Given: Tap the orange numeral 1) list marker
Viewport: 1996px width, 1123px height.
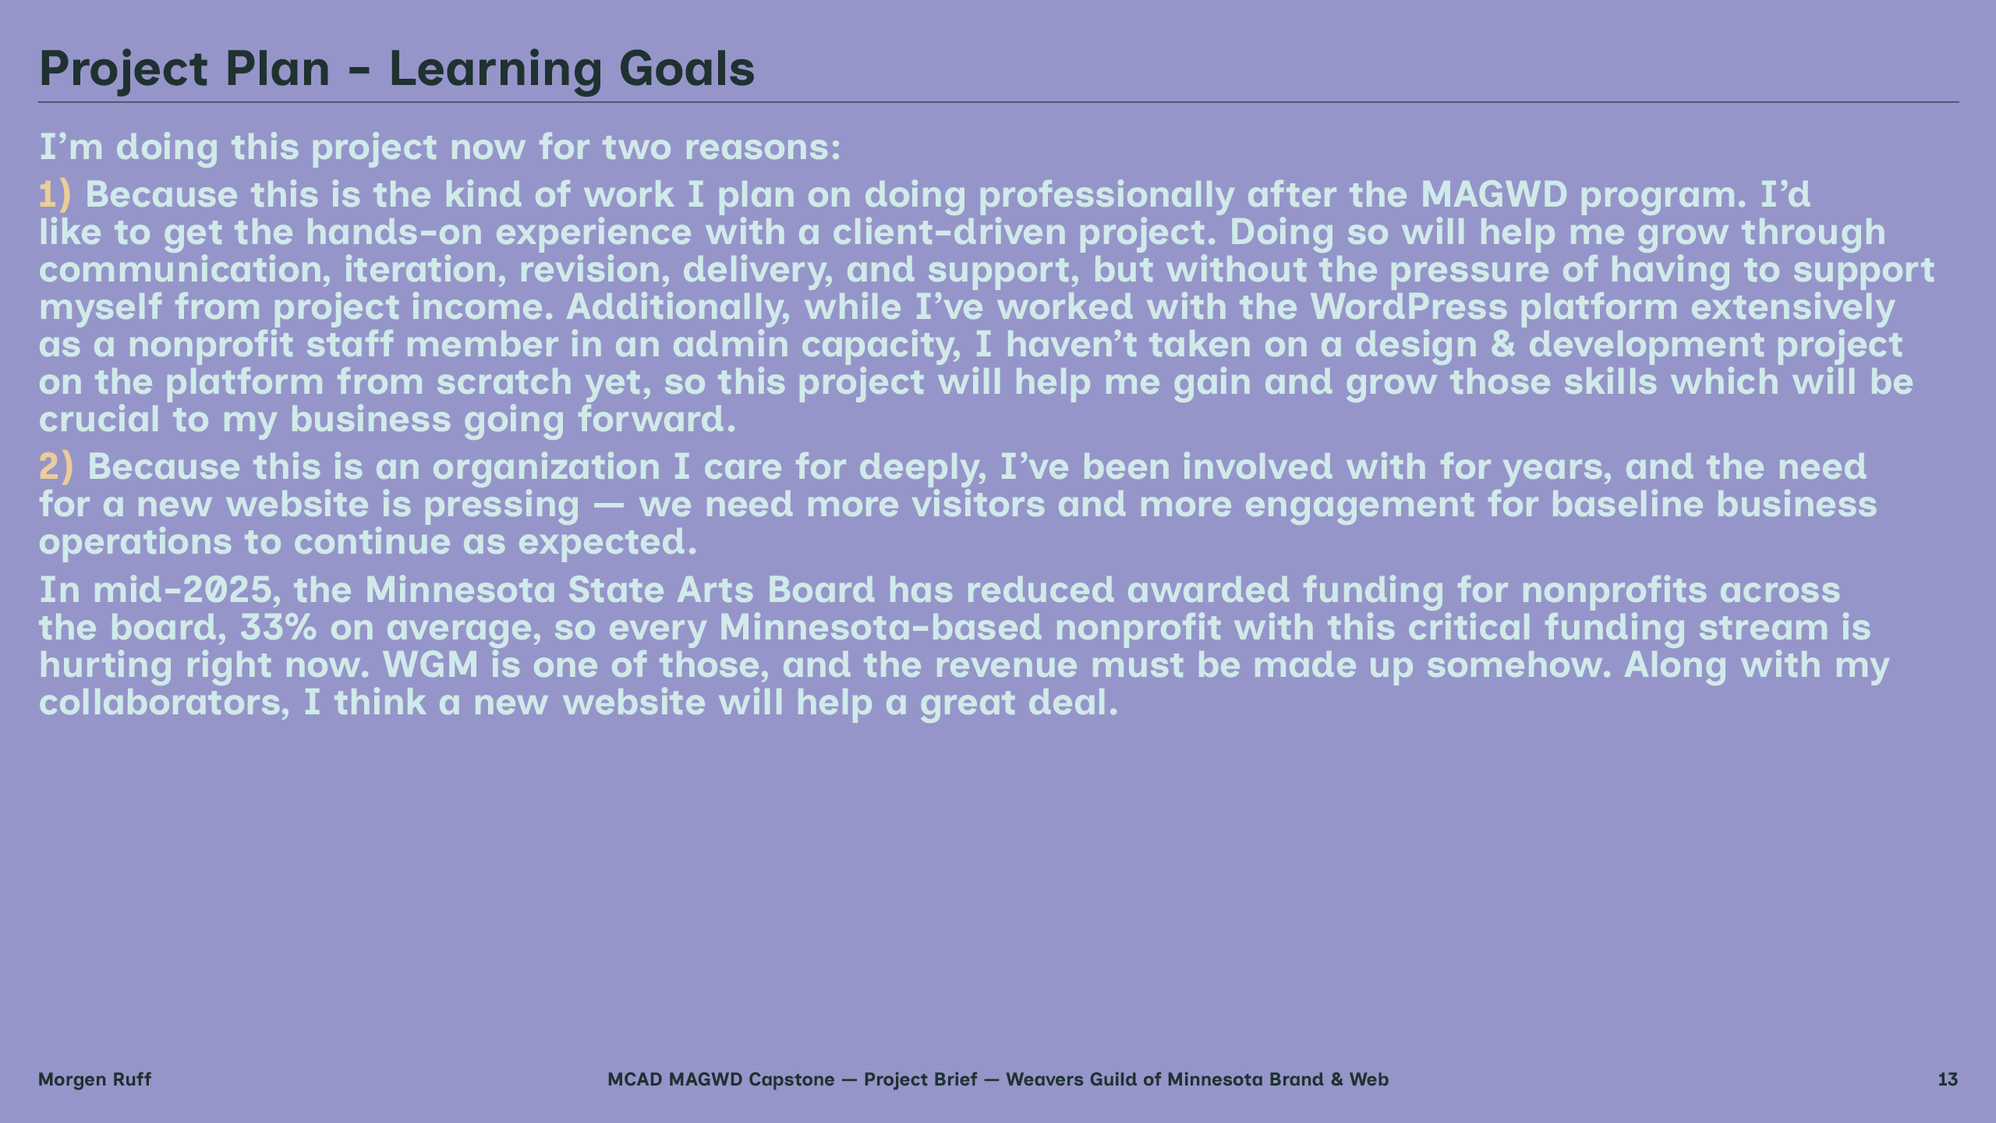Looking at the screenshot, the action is pyautogui.click(x=55, y=195).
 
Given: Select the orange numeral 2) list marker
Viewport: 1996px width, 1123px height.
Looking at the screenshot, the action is pyautogui.click(x=56, y=467).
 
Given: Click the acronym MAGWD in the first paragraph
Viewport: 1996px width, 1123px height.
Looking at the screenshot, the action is pyautogui.click(x=1494, y=195).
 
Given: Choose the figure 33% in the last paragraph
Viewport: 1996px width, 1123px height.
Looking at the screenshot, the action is pyautogui.click(x=278, y=628).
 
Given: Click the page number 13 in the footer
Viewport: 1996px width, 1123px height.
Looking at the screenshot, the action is pyautogui.click(x=1948, y=1079).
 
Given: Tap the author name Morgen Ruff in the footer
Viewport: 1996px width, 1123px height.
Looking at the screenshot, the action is pyautogui.click(x=94, y=1080).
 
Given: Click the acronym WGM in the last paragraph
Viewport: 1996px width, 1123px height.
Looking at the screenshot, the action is pyautogui.click(x=430, y=665).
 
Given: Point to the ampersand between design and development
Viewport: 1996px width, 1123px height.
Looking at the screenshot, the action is pyautogui.click(x=1503, y=345).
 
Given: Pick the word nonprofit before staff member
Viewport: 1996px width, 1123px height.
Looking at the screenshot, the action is pyautogui.click(x=211, y=345).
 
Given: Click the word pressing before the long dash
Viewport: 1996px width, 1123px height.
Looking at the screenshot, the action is pyautogui.click(x=501, y=505).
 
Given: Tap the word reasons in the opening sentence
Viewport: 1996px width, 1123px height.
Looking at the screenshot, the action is pyautogui.click(x=763, y=148).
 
